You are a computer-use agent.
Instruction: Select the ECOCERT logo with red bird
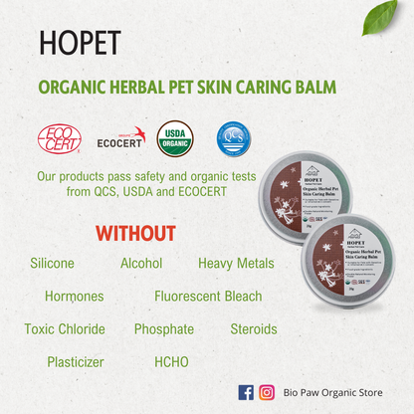121,137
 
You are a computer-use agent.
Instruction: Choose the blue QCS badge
234,137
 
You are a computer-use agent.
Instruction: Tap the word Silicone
59,264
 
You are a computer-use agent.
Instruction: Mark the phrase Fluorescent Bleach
208,296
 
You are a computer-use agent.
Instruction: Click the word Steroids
254,328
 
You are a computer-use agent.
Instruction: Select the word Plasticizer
75,361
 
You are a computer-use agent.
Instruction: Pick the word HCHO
171,361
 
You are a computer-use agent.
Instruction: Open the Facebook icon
247,392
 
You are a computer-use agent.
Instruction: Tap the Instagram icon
267,392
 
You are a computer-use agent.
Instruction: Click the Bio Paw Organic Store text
332,393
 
